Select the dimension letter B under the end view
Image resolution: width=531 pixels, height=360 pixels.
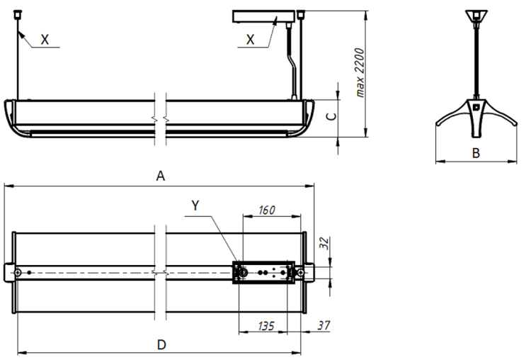point(476,152)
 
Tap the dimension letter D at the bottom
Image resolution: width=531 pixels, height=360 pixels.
point(161,344)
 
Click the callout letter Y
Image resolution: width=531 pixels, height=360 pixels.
point(196,206)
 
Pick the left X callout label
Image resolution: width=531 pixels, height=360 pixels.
point(45,40)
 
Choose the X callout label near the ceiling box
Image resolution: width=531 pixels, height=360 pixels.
point(250,40)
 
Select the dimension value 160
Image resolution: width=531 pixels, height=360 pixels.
point(266,210)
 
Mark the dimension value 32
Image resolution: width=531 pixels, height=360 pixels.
point(325,244)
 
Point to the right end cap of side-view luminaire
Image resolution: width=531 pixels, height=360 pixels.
point(308,116)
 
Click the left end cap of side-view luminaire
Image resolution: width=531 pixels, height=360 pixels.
point(9,116)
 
